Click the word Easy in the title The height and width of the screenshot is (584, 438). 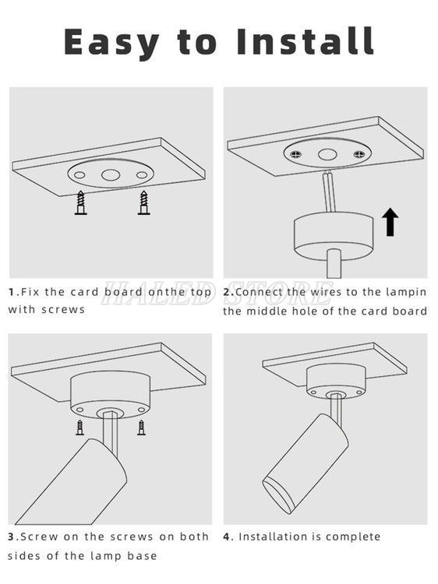(x=111, y=41)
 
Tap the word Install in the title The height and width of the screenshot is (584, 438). (x=306, y=41)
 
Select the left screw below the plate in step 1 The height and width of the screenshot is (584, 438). (x=79, y=203)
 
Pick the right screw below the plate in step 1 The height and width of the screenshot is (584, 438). (x=142, y=203)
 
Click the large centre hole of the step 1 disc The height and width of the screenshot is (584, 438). (x=111, y=174)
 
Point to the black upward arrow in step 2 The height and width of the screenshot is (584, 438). (x=390, y=222)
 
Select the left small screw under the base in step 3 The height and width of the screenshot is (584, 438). (x=79, y=427)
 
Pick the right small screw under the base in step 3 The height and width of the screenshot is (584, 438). (x=141, y=427)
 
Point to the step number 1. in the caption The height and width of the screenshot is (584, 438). (x=13, y=292)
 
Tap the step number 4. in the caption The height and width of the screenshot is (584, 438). (x=228, y=537)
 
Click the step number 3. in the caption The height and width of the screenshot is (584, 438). (x=13, y=537)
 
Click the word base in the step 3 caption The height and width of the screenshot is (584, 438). (x=141, y=555)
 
